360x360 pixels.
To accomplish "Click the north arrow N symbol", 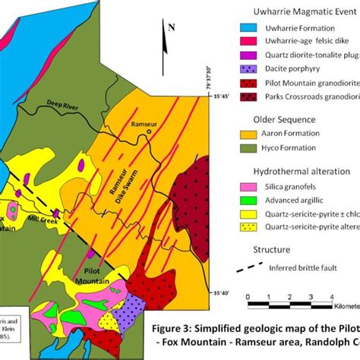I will click(171, 28).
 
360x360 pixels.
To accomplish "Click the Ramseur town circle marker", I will click(149, 131).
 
